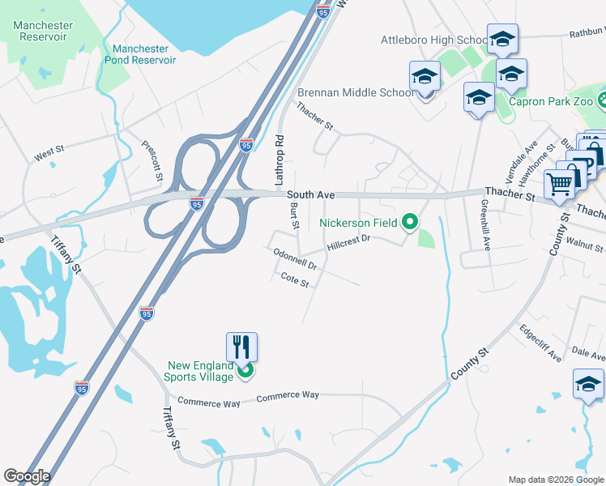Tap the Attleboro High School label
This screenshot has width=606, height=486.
[x=434, y=40]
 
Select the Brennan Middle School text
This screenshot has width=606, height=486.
[x=356, y=92]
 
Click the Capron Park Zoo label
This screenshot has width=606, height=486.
[x=551, y=102]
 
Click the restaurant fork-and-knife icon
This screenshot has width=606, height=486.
[x=241, y=347]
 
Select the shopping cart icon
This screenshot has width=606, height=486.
[x=559, y=183]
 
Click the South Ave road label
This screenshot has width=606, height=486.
[x=310, y=195]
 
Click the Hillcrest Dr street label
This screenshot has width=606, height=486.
[x=348, y=241]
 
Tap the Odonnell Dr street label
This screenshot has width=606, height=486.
[x=294, y=258]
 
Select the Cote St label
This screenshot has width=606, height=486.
[x=295, y=282]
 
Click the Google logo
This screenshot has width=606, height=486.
[x=27, y=476]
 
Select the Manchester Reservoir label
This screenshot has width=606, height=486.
[x=42, y=31]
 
